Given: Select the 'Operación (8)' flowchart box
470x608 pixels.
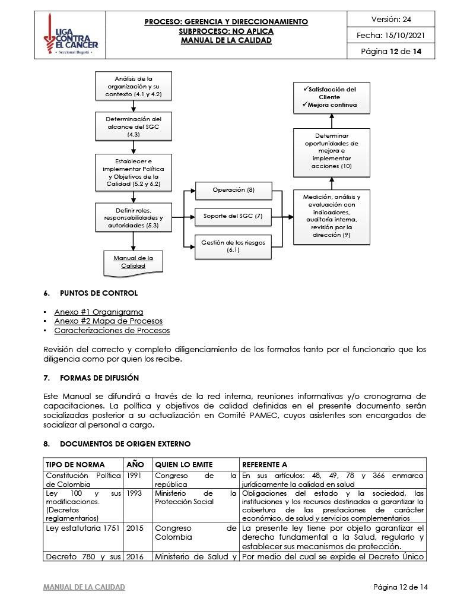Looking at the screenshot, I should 233,190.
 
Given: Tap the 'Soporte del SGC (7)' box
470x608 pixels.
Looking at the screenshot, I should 233,216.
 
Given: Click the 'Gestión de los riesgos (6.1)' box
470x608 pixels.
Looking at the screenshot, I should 233,246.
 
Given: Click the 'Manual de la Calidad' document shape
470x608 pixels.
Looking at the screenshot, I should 133,262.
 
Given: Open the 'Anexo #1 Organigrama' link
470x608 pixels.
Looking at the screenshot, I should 99,312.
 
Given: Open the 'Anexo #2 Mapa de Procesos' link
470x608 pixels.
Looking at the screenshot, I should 108,321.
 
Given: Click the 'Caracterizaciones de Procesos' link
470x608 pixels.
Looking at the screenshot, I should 112,331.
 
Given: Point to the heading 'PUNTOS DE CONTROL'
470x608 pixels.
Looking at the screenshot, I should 99,293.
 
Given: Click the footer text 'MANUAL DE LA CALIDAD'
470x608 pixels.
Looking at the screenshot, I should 84,587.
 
